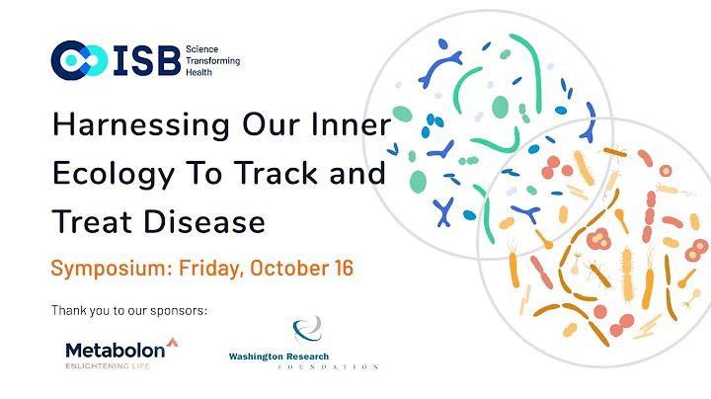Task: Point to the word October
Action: (x=296, y=269)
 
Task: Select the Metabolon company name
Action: (x=115, y=351)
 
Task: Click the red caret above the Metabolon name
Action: (x=173, y=342)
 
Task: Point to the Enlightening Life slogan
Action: (x=114, y=366)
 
